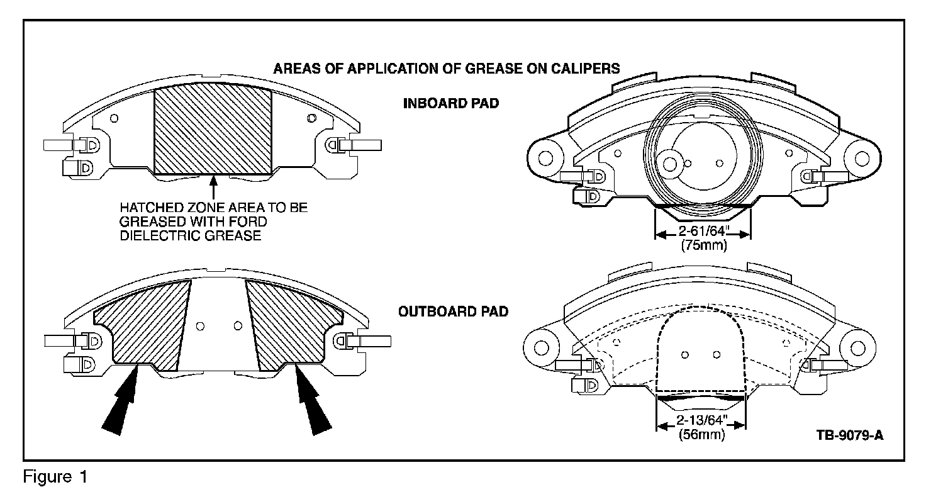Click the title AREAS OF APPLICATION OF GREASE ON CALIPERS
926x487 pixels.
(x=446, y=68)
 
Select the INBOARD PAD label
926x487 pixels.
(x=450, y=103)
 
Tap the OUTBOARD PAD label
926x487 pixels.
(x=453, y=311)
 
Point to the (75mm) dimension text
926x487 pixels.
(x=703, y=246)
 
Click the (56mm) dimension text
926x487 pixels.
(x=701, y=435)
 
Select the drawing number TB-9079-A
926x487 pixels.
(x=849, y=435)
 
